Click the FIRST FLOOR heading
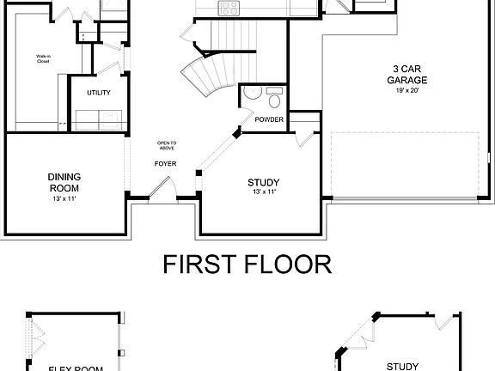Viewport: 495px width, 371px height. pos(247,264)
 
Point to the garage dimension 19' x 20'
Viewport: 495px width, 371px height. pos(406,90)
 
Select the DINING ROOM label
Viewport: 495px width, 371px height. pos(64,183)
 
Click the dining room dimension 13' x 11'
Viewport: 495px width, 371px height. pos(64,199)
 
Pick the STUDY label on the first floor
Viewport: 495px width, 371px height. pos(264,182)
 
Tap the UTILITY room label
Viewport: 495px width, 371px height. pos(98,92)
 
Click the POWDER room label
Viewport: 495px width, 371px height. pos(269,119)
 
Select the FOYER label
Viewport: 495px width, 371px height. pos(165,163)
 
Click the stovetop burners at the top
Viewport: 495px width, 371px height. pos(229,8)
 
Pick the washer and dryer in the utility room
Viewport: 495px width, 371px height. pos(99,119)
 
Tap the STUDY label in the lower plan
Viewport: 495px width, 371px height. pos(402,366)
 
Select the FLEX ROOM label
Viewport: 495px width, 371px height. pos(76,368)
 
